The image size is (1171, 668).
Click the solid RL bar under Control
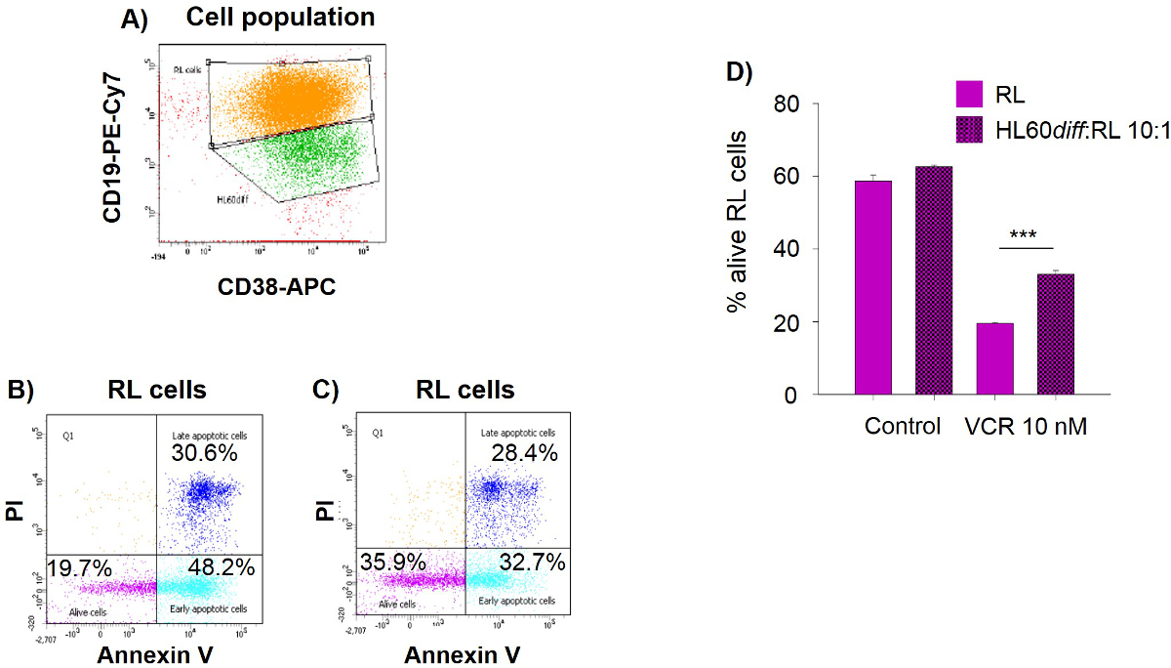click(x=873, y=288)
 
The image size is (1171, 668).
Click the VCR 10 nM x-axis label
click(x=1027, y=427)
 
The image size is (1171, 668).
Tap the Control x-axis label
click(x=902, y=427)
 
